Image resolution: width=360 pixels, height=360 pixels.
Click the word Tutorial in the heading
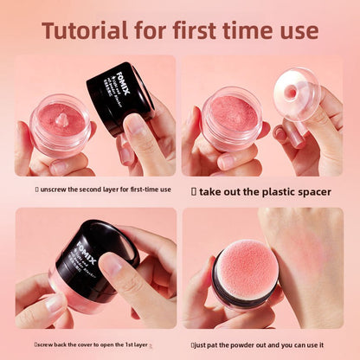[87, 31]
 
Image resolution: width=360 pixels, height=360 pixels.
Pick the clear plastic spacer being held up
[296, 93]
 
